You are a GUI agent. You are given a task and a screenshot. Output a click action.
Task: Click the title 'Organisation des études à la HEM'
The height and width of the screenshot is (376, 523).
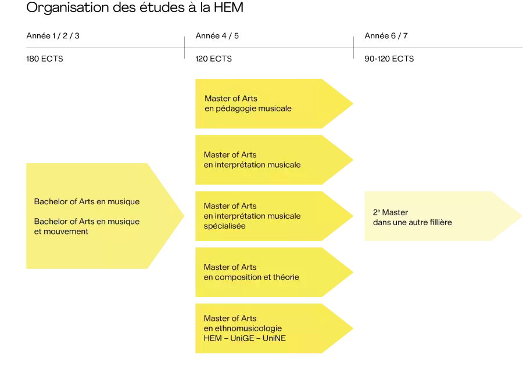tap(135, 8)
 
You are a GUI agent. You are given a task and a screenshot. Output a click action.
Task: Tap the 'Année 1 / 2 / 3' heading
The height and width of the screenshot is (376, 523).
tap(53, 35)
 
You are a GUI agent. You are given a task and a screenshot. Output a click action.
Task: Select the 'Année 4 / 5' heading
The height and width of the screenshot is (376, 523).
tap(217, 35)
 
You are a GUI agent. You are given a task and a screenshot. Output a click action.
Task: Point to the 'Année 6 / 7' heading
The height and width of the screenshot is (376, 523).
tap(386, 35)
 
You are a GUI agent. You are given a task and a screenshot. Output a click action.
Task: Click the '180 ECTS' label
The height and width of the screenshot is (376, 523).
tap(45, 59)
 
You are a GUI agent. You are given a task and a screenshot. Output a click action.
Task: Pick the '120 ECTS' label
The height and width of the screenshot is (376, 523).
tap(213, 59)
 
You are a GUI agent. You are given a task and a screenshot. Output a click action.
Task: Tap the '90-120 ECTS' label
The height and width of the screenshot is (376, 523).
tap(389, 59)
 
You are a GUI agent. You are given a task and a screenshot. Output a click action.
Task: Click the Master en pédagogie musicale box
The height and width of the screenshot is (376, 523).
tap(274, 104)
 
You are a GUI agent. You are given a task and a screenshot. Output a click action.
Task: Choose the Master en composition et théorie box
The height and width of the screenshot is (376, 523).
tap(274, 272)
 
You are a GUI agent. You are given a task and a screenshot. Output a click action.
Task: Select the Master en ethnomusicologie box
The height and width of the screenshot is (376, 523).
tap(274, 328)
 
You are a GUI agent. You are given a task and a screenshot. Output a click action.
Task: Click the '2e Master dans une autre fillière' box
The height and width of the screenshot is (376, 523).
tap(443, 216)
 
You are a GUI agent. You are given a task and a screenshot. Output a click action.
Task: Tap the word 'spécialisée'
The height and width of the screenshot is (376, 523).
tap(224, 226)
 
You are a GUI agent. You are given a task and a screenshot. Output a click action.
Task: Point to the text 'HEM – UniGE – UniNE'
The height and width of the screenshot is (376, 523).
tap(245, 338)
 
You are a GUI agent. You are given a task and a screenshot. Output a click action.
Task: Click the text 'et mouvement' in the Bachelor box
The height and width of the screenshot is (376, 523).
tap(61, 232)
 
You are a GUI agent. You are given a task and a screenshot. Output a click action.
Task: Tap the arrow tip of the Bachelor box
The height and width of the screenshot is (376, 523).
tap(184, 216)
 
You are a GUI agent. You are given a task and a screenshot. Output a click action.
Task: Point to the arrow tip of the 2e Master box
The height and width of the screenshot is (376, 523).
tap(522, 216)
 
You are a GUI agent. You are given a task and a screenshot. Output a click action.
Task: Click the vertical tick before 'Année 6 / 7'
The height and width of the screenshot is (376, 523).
tap(353, 48)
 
